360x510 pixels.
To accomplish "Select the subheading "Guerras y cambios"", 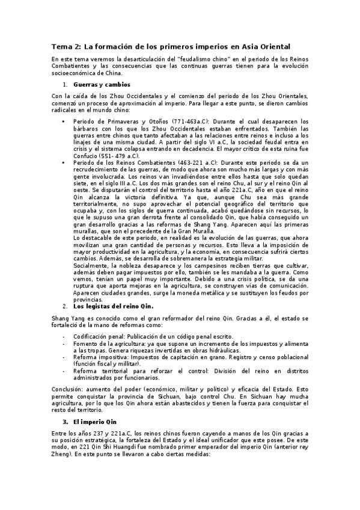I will [x=102, y=85].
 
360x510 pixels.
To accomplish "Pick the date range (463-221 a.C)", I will [x=187, y=162].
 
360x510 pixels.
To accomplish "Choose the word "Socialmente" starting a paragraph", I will [x=91, y=265].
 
